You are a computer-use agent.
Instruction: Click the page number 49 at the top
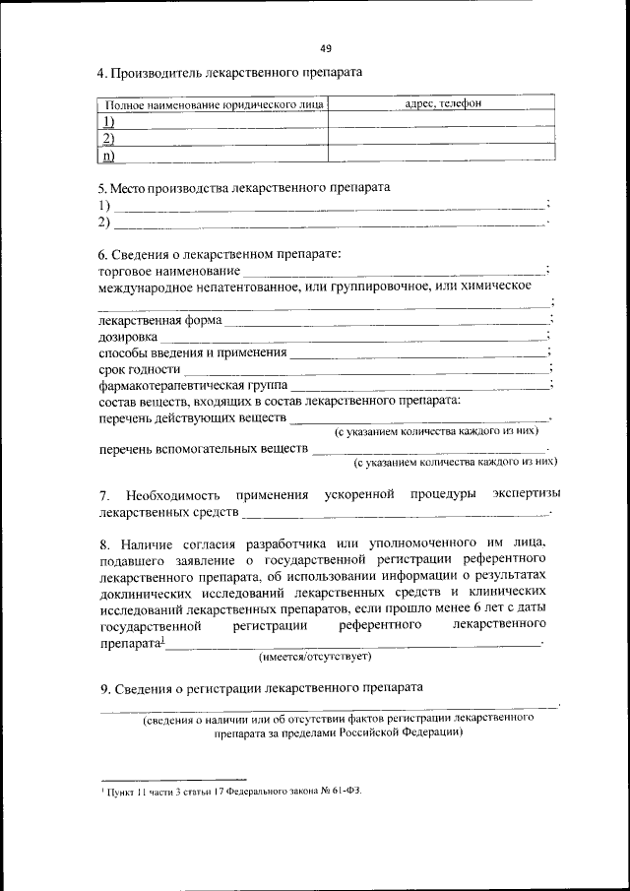(x=326, y=47)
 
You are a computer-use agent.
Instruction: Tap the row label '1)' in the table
(x=108, y=121)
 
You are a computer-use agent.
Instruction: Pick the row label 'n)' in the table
(x=108, y=155)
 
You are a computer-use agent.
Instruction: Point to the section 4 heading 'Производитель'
(x=161, y=73)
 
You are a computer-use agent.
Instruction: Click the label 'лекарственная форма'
(x=160, y=321)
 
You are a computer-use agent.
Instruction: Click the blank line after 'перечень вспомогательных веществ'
(x=433, y=452)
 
